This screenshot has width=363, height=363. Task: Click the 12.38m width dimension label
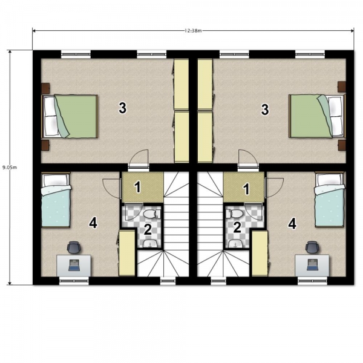(x=193, y=31)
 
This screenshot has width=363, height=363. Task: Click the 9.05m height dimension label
(x=10, y=167)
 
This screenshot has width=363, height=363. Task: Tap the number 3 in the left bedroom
(x=122, y=108)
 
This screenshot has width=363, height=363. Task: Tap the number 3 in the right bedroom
(x=265, y=110)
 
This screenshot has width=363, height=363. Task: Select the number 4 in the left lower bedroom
(x=93, y=223)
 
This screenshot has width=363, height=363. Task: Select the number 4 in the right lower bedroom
(x=292, y=224)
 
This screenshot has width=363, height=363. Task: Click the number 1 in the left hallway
(x=138, y=187)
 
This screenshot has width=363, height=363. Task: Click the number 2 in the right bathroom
(x=237, y=227)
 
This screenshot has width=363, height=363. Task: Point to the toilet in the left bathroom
(x=152, y=214)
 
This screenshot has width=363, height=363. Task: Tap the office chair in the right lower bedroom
(x=312, y=247)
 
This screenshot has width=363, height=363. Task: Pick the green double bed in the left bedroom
(x=70, y=116)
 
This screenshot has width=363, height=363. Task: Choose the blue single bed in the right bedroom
(x=330, y=200)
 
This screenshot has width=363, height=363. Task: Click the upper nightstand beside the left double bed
(x=45, y=88)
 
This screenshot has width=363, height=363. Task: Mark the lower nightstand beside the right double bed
(x=342, y=145)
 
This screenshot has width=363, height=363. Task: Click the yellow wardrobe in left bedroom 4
(x=126, y=253)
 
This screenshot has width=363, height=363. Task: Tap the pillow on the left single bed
(x=55, y=180)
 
